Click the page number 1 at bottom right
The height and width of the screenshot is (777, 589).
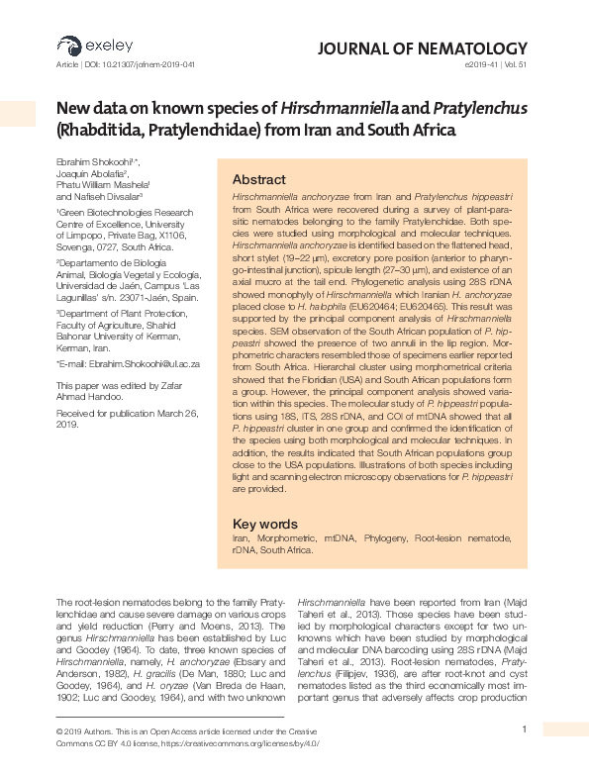pos(524,729)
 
